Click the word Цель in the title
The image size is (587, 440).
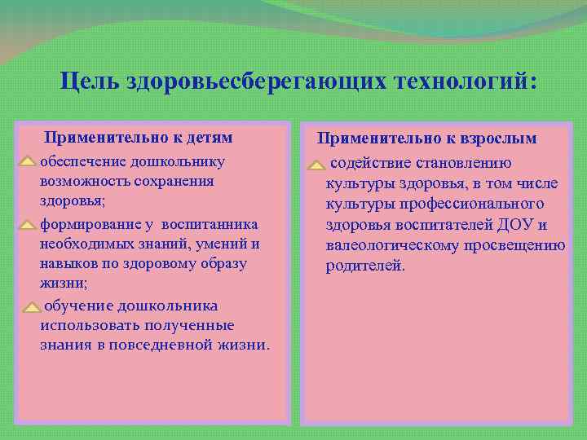click(x=90, y=81)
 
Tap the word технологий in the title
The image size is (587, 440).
click(x=463, y=81)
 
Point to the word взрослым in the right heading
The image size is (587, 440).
click(x=497, y=139)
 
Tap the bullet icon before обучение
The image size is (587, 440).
click(x=30, y=307)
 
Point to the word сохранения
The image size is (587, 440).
click(x=174, y=181)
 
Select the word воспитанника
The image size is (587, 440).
click(x=210, y=224)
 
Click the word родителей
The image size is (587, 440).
click(x=364, y=266)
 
